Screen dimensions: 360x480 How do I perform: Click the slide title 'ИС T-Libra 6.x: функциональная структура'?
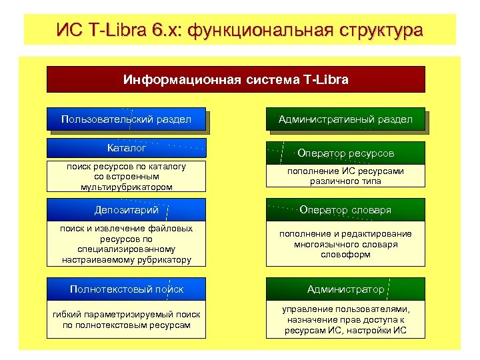click(239, 30)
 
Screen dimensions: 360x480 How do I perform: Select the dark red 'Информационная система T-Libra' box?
click(235, 79)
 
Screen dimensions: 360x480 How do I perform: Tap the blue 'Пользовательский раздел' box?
click(126, 119)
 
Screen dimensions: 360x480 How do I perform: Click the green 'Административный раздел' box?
click(345, 119)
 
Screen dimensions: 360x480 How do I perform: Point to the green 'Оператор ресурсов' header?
click(346, 153)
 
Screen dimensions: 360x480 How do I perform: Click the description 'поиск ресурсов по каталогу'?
click(126, 176)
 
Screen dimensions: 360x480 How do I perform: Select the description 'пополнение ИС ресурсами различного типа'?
click(346, 176)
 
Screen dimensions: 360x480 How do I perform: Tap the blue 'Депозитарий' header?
click(126, 210)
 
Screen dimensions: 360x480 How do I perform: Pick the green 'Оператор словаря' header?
click(346, 210)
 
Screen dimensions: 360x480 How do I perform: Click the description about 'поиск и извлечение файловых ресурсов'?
click(126, 243)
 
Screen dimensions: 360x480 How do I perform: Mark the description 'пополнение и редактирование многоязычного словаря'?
click(346, 243)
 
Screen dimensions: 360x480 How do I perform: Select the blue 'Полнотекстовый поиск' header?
click(126, 289)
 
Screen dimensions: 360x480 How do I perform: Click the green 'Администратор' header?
click(346, 289)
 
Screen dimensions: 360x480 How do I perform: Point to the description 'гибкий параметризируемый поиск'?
click(126, 319)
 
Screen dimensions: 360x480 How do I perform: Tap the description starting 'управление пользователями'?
click(346, 320)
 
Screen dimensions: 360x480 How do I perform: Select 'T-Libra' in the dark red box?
click(325, 79)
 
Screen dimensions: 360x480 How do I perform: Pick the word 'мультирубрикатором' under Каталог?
click(126, 187)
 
